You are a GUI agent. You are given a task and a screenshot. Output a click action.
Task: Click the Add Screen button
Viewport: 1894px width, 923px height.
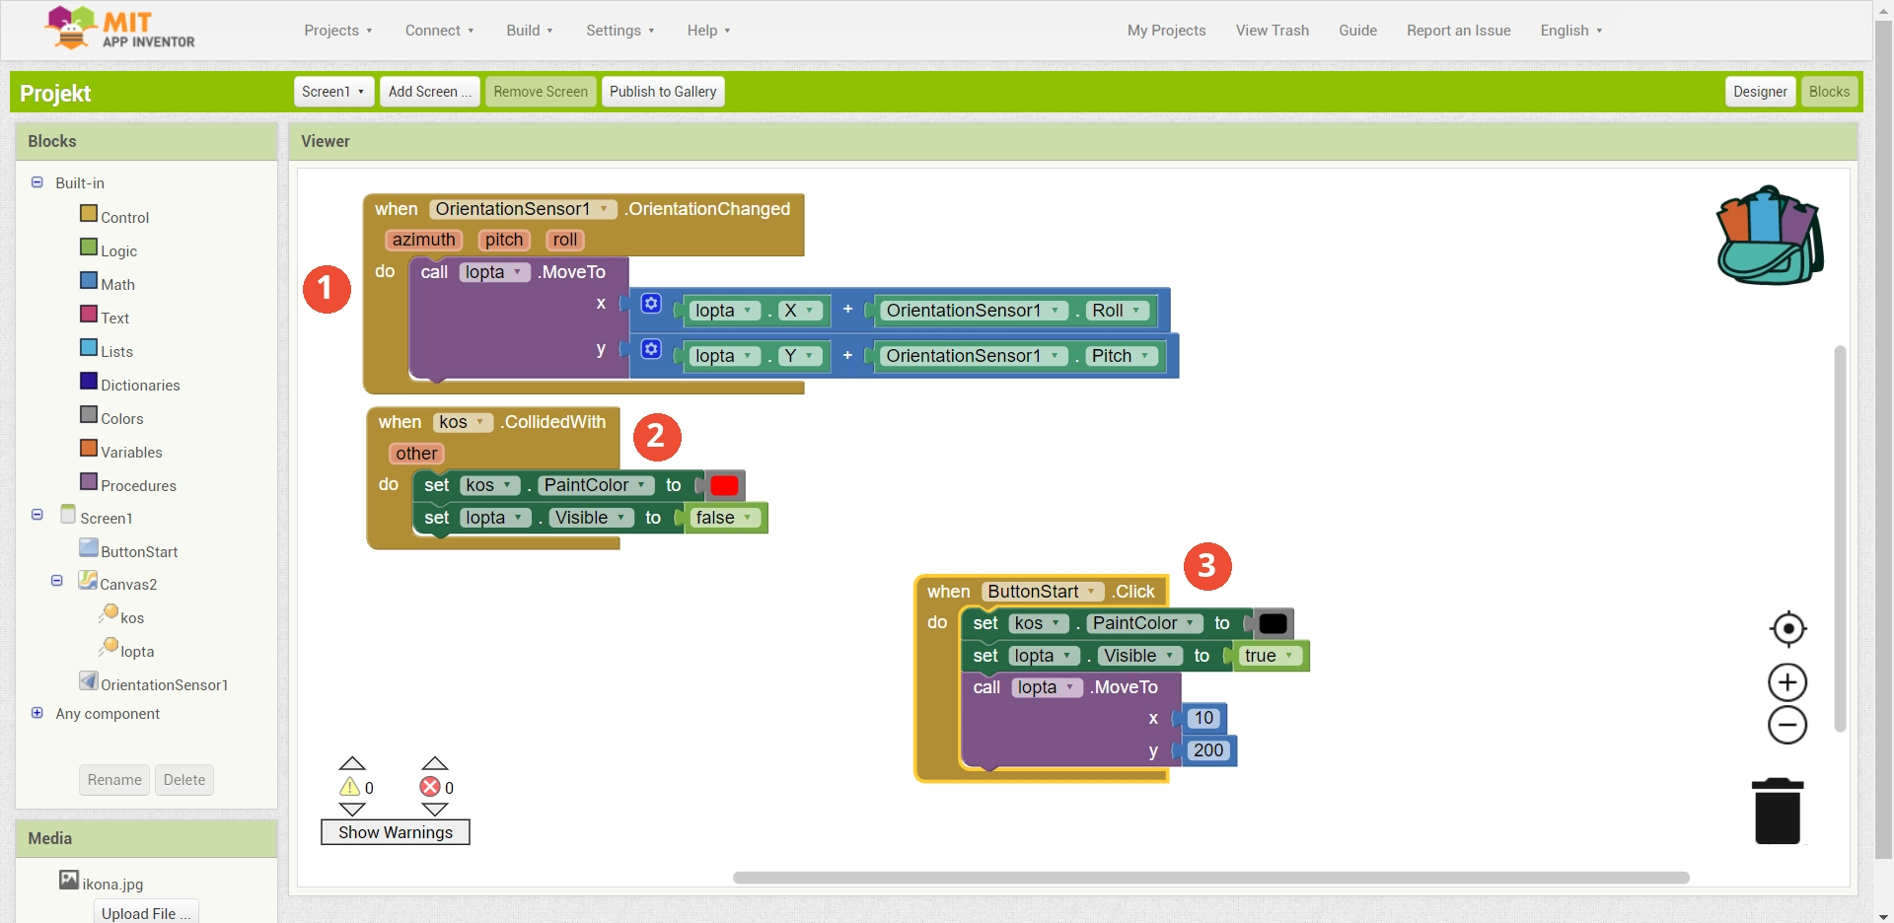(x=429, y=92)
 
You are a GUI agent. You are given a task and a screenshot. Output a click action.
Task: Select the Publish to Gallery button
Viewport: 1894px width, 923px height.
(x=663, y=92)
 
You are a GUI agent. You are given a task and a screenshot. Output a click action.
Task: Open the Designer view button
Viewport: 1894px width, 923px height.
(x=1760, y=92)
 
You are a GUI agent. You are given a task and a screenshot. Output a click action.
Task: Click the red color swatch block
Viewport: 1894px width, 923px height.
(x=723, y=485)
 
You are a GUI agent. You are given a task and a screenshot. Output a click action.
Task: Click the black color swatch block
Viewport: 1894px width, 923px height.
(x=1273, y=623)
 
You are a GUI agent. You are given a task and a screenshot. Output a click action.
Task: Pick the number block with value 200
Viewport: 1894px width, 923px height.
(x=1207, y=750)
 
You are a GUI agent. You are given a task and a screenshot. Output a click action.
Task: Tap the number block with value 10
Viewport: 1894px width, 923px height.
(x=1203, y=718)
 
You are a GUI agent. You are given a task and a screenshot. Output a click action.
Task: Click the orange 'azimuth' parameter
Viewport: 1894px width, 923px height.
(x=423, y=240)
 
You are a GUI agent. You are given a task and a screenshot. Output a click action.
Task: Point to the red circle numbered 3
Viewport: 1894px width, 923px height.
(x=1206, y=566)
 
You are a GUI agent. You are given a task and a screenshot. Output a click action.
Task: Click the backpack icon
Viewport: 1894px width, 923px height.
(x=1770, y=236)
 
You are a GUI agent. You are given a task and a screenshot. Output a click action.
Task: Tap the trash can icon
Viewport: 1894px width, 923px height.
(x=1778, y=812)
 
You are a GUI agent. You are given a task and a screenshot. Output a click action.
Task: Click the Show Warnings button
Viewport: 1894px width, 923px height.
(x=396, y=832)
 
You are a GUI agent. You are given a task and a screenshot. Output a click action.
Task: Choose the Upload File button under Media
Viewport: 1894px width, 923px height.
(x=146, y=913)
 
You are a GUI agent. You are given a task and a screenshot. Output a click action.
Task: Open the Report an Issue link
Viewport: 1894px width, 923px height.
(x=1458, y=31)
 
